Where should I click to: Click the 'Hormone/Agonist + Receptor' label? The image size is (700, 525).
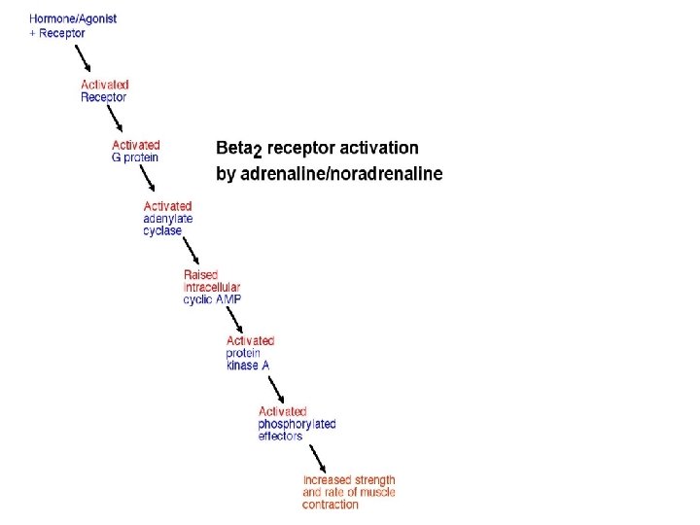(72, 25)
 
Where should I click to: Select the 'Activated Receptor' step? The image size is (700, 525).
(104, 90)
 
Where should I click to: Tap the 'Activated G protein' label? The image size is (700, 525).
(135, 151)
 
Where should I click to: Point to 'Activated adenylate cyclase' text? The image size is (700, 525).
(167, 218)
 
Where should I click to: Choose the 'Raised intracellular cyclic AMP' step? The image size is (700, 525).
(212, 287)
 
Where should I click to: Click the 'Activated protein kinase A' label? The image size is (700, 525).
(249, 353)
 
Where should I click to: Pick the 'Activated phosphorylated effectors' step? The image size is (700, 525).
(297, 424)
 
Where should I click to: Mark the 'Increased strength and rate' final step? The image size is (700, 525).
(349, 492)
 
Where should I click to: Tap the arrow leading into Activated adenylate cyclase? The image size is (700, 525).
(148, 180)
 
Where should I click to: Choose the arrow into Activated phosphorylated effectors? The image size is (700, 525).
(273, 386)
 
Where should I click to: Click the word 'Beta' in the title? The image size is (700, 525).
(232, 148)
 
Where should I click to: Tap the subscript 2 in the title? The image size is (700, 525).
(257, 153)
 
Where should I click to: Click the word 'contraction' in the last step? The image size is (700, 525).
(330, 505)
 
